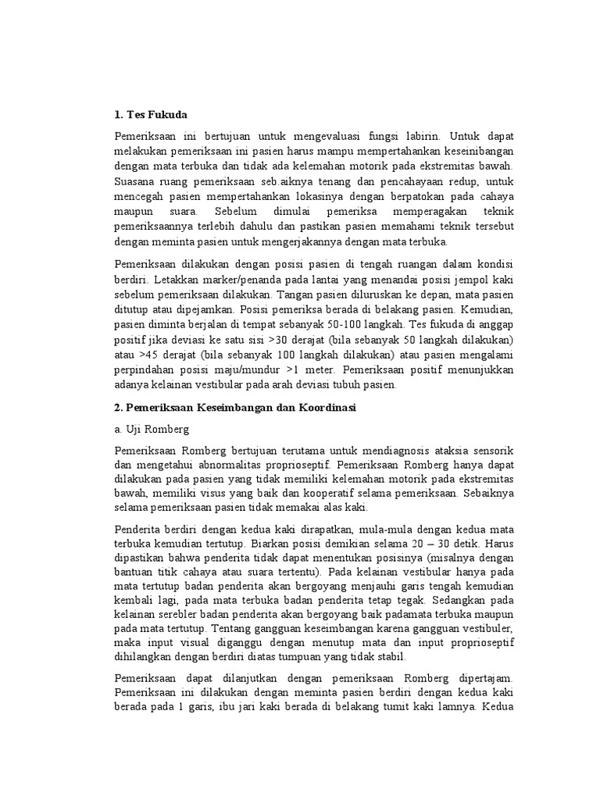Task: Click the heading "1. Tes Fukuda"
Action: coord(151,115)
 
